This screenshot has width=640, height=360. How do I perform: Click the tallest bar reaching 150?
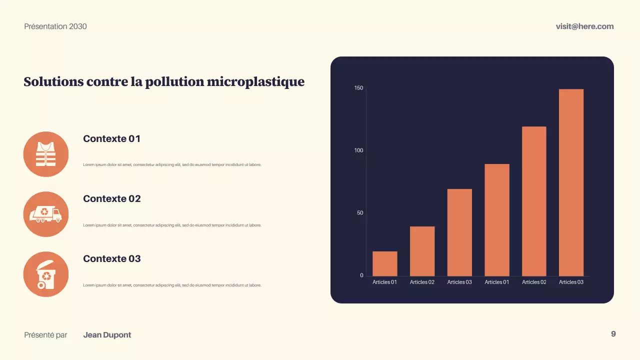click(571, 182)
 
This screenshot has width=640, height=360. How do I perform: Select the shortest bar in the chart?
click(385, 263)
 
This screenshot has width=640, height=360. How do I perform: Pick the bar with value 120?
click(534, 201)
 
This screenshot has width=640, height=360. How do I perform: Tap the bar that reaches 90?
click(497, 220)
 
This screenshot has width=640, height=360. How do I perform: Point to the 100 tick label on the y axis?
click(358, 150)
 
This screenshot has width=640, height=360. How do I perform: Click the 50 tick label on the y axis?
click(360, 213)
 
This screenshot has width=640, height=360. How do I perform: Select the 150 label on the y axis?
click(358, 88)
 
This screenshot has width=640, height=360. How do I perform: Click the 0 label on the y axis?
click(361, 275)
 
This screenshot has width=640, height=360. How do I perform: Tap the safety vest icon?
click(46, 154)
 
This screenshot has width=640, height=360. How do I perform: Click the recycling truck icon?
click(46, 214)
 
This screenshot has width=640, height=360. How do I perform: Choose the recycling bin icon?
click(46, 274)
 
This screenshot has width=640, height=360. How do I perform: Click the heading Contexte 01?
click(112, 138)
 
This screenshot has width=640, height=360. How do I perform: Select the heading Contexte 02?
click(112, 198)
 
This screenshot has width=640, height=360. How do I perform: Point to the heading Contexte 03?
click(112, 258)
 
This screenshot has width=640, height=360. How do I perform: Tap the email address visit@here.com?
click(584, 26)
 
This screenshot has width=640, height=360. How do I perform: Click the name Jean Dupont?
click(107, 335)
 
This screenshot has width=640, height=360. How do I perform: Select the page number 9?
click(613, 334)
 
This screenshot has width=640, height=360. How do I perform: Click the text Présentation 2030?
click(55, 26)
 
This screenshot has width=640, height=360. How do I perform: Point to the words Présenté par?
click(45, 335)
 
